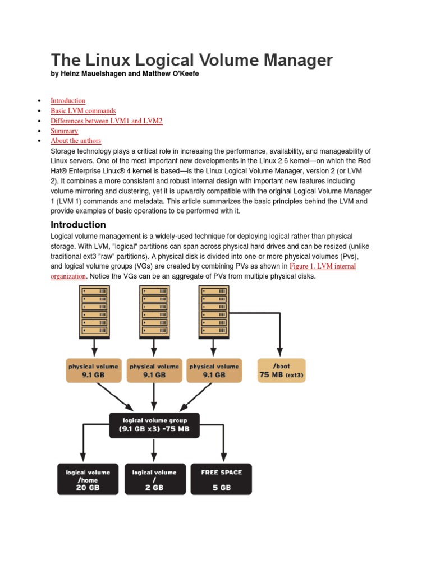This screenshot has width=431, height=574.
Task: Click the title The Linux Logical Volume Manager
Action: (191, 60)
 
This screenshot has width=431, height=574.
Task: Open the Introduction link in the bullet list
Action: (68, 101)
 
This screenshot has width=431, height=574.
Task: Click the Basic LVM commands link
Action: (83, 111)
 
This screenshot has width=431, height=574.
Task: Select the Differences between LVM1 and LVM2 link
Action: (106, 121)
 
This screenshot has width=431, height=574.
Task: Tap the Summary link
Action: (64, 131)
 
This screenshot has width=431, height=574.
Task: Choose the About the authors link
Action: (76, 141)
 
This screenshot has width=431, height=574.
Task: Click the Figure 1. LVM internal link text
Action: (322, 266)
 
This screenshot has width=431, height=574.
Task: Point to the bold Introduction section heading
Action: (78, 225)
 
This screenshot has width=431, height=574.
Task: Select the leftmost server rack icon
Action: (94, 312)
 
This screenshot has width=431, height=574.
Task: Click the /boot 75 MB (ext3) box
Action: (282, 371)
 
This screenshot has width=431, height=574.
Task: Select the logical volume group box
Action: (154, 425)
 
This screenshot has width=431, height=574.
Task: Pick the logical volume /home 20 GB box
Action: (88, 479)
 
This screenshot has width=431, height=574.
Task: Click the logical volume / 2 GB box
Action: (154, 479)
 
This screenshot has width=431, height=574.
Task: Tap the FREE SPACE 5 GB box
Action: (222, 479)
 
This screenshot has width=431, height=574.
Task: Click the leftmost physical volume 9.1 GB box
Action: (93, 371)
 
